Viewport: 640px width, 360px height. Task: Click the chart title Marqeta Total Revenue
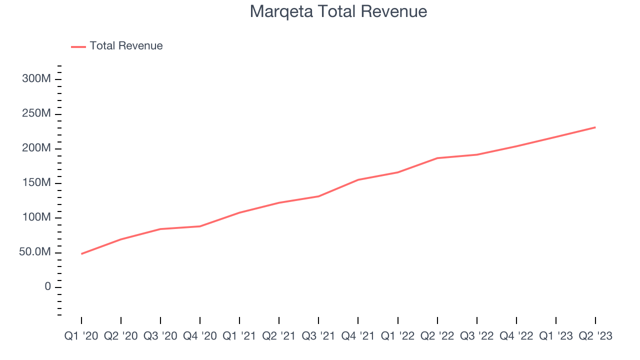(x=338, y=11)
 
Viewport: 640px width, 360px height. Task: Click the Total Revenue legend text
(x=126, y=46)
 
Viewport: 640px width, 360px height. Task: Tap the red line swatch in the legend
(x=78, y=46)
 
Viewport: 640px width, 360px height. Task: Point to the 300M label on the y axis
(x=36, y=79)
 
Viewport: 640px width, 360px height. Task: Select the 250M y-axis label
(x=36, y=114)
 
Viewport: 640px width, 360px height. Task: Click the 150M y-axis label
(x=36, y=183)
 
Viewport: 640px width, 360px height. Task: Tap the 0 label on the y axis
(x=47, y=286)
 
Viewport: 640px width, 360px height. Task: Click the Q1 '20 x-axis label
(x=81, y=336)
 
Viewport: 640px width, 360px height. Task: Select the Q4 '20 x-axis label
(x=200, y=336)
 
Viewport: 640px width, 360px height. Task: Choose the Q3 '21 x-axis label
(x=318, y=336)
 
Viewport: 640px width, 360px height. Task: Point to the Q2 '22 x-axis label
(x=437, y=336)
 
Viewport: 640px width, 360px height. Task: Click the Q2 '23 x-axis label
(x=595, y=336)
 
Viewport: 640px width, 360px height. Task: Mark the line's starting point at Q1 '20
(x=81, y=253)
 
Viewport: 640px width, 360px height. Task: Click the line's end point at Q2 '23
(x=595, y=127)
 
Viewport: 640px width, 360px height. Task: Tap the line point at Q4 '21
(x=358, y=179)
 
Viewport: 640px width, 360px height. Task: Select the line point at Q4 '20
(x=200, y=226)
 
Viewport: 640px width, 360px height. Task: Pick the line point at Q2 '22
(x=437, y=158)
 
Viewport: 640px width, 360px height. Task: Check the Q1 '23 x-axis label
(x=556, y=336)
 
